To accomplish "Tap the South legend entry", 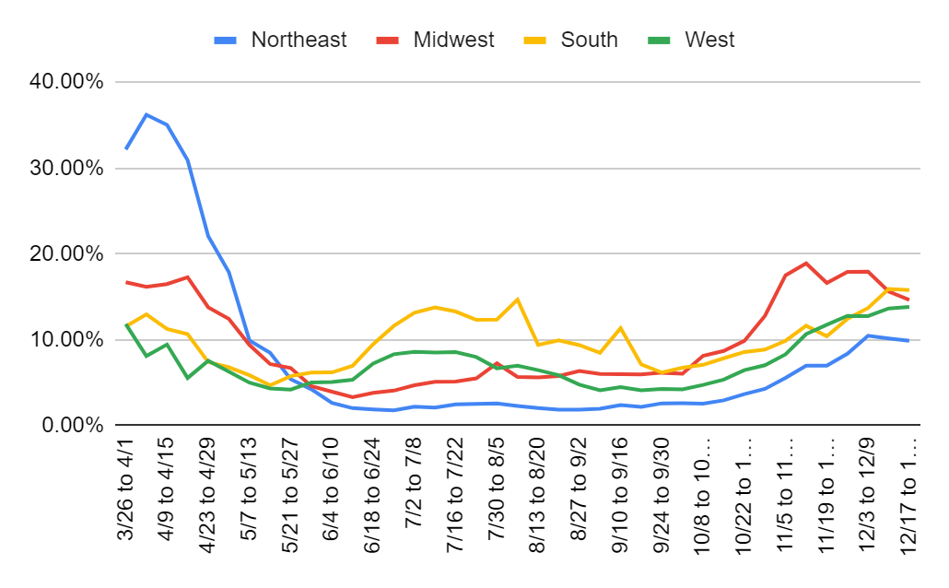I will coord(589,40).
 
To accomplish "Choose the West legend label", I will coord(709,40).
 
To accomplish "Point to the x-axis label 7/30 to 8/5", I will coord(497,493).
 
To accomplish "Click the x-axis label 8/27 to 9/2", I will coord(579,493).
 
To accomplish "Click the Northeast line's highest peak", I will coord(146,114).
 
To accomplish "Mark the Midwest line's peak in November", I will coord(805,263).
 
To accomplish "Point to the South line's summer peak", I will coord(517,299).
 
